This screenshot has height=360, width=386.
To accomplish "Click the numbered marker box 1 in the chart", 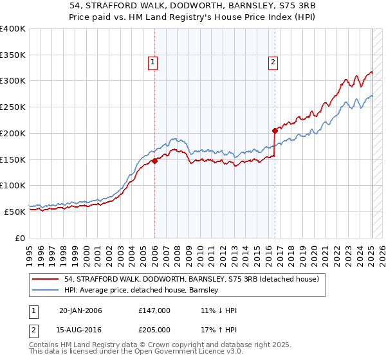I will click(x=153, y=62).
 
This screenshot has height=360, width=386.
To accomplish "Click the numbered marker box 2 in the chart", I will click(x=273, y=62).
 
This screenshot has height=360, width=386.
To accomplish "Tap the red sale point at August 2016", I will click(x=275, y=130).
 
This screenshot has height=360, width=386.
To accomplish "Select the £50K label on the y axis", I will click(x=15, y=212).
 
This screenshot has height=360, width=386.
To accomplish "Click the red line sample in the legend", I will click(x=46, y=279).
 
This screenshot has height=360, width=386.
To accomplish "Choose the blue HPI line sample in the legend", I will click(x=46, y=290).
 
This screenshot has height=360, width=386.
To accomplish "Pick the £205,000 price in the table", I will click(x=154, y=330).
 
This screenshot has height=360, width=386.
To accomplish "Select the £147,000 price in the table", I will click(x=154, y=310).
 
